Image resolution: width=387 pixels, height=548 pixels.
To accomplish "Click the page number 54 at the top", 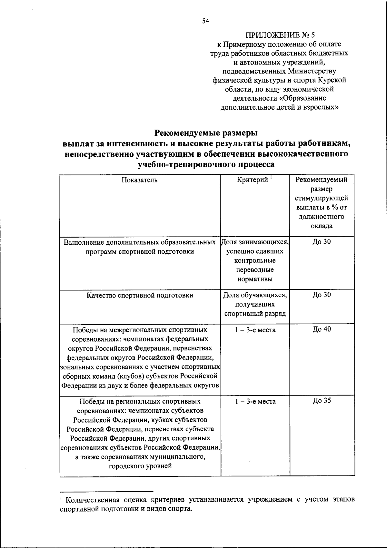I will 206,22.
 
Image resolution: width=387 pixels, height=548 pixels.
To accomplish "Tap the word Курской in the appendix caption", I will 333,80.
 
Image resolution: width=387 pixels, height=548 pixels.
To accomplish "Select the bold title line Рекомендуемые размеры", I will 206,133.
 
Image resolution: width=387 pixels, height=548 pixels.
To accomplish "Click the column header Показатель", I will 139,180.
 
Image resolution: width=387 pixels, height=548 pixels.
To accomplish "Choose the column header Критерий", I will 253,180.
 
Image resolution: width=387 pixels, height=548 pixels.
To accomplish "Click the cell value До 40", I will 322,329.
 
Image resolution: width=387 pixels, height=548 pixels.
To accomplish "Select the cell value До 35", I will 322,401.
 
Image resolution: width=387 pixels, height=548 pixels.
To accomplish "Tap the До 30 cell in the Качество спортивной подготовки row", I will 322,295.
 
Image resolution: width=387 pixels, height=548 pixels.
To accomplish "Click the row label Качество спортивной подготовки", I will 140,295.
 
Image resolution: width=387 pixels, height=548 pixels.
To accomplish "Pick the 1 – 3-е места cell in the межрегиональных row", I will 255,330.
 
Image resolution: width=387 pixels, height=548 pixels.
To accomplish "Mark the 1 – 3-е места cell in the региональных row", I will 255,402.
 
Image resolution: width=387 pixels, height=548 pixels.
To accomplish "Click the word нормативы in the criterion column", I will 255,279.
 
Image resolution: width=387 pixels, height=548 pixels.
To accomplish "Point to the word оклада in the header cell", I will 322,226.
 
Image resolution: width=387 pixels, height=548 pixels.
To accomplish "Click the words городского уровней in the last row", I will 140,466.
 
